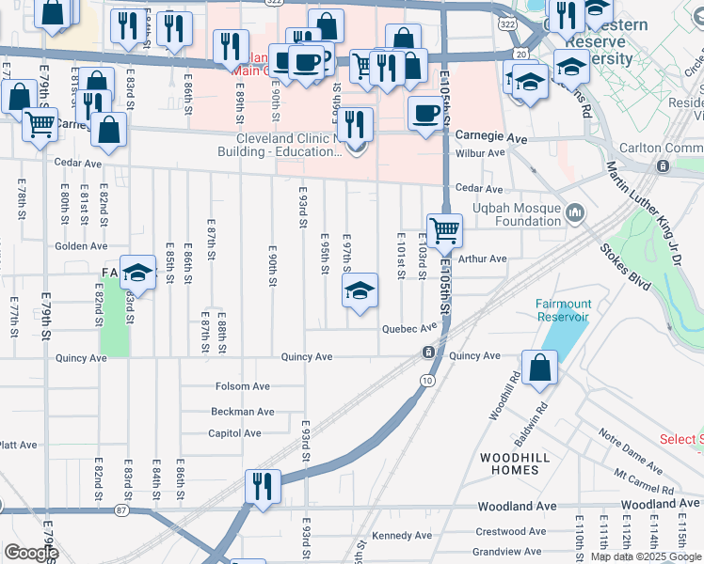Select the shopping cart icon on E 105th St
444,229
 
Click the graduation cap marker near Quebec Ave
359,292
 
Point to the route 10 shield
428,380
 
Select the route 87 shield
121,509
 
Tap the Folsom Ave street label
242,386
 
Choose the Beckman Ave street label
242,411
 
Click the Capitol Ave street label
234,433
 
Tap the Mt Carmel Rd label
643,483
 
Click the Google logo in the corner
30,553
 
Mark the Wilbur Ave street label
482,152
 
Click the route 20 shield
521,55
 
